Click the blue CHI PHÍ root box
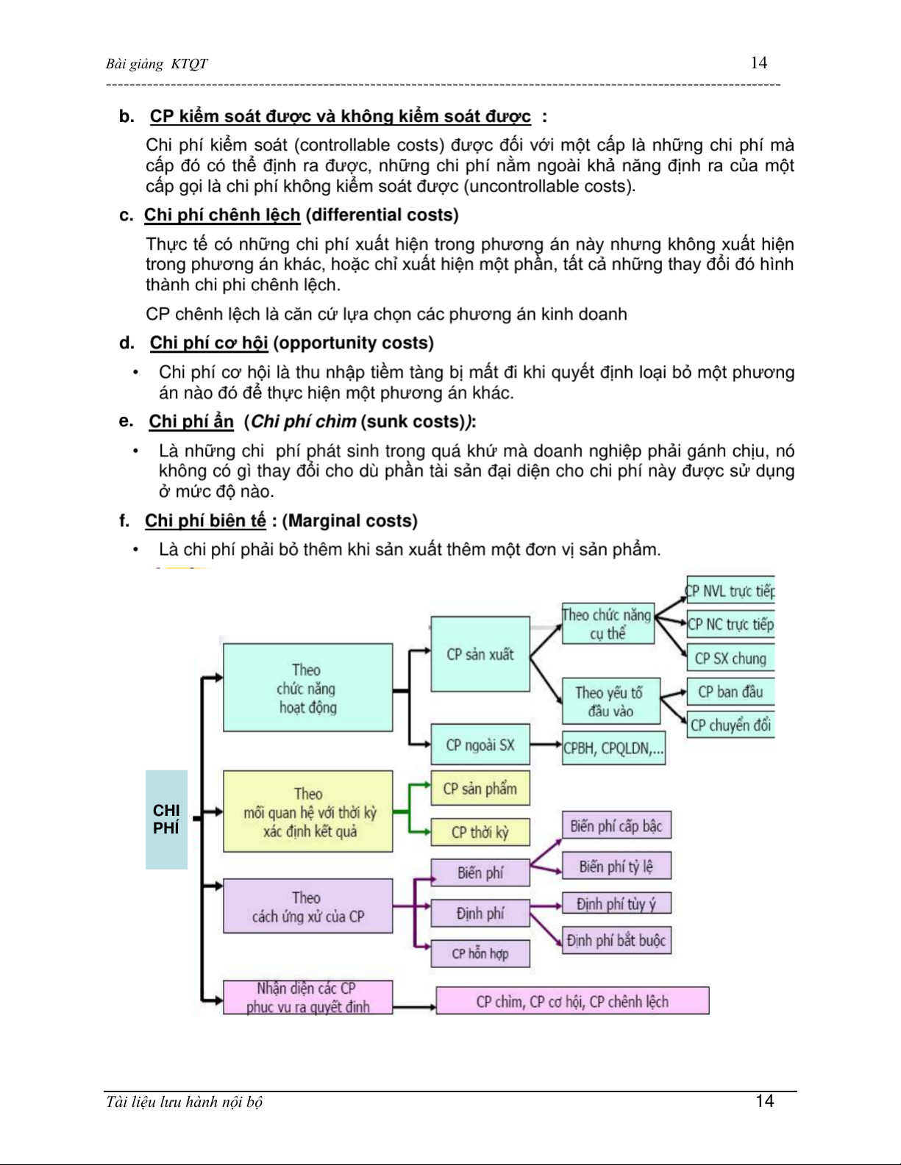[166, 819]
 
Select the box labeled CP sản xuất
[480, 654]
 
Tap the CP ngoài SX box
[480, 745]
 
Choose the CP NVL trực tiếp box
[730, 591]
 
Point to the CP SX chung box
[730, 659]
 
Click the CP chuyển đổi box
[730, 725]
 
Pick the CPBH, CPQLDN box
[613, 748]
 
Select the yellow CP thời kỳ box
[480, 832]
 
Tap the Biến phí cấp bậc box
[616, 826]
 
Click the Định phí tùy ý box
[616, 903]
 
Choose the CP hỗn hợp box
[480, 953]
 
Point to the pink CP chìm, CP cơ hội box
[572, 1001]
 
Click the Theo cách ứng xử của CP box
[307, 906]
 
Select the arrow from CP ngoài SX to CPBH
[546, 745]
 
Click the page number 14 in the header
[758, 62]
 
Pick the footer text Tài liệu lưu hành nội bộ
[184, 1102]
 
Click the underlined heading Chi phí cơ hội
[209, 343]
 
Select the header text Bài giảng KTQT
[157, 64]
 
